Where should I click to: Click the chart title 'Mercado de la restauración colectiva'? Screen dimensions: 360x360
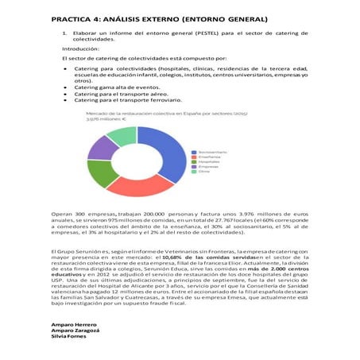click(139, 114)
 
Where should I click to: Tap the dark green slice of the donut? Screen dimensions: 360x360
click(103, 171)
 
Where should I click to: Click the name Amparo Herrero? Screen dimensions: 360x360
click(74, 325)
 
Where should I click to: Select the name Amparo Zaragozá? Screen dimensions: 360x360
click(76, 331)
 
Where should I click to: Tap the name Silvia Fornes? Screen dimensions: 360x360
click(70, 338)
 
